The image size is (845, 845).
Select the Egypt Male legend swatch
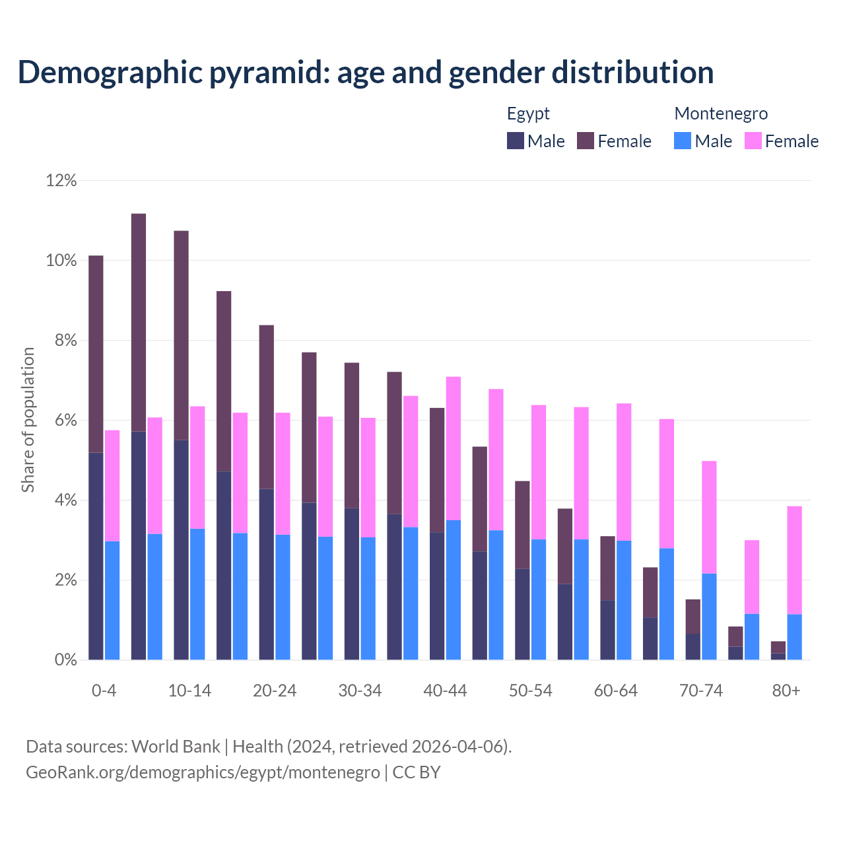click(x=516, y=141)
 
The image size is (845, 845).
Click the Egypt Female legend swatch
click(x=586, y=141)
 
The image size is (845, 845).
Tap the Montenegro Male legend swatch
click(x=683, y=141)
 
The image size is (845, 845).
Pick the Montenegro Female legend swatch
click(x=753, y=141)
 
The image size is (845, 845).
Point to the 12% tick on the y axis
click(x=61, y=180)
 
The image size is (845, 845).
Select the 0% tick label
click(x=65, y=660)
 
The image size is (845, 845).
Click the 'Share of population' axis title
click(x=28, y=420)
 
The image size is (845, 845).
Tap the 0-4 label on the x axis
click(x=104, y=691)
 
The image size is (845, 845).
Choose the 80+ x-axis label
click(x=786, y=691)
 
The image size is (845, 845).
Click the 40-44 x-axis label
click(x=445, y=691)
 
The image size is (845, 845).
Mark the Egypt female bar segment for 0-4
click(x=96, y=353)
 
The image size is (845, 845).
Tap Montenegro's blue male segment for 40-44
click(x=454, y=590)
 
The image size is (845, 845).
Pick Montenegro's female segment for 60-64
click(x=624, y=472)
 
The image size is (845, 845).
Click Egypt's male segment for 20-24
click(x=266, y=574)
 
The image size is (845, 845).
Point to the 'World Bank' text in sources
click(x=176, y=747)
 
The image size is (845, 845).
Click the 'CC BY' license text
click(x=417, y=772)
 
